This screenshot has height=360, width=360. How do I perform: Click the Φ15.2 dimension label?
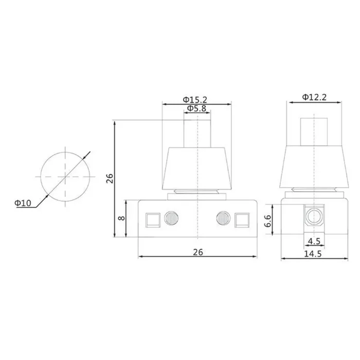click(x=195, y=100)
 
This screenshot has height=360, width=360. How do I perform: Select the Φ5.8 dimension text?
click(x=197, y=108)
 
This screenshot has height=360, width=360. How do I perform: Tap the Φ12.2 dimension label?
click(x=314, y=97)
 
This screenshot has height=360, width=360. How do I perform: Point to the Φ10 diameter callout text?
click(x=23, y=203)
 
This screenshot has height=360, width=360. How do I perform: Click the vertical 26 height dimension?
click(x=110, y=178)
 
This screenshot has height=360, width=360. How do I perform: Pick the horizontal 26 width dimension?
click(x=198, y=252)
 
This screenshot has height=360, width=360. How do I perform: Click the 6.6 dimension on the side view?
click(x=268, y=221)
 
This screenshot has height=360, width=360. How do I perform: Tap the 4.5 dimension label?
click(x=314, y=241)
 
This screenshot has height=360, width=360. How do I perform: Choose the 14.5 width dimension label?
click(x=313, y=254)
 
